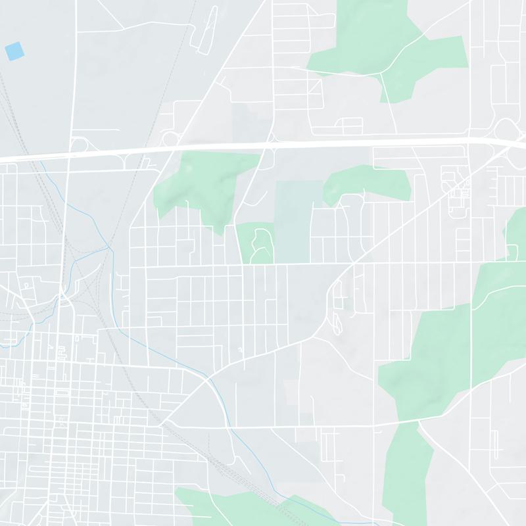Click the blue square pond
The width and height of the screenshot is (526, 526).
tap(13, 50)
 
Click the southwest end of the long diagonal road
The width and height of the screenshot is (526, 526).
tap(162, 424)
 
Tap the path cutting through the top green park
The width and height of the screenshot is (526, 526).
tap(385, 85)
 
